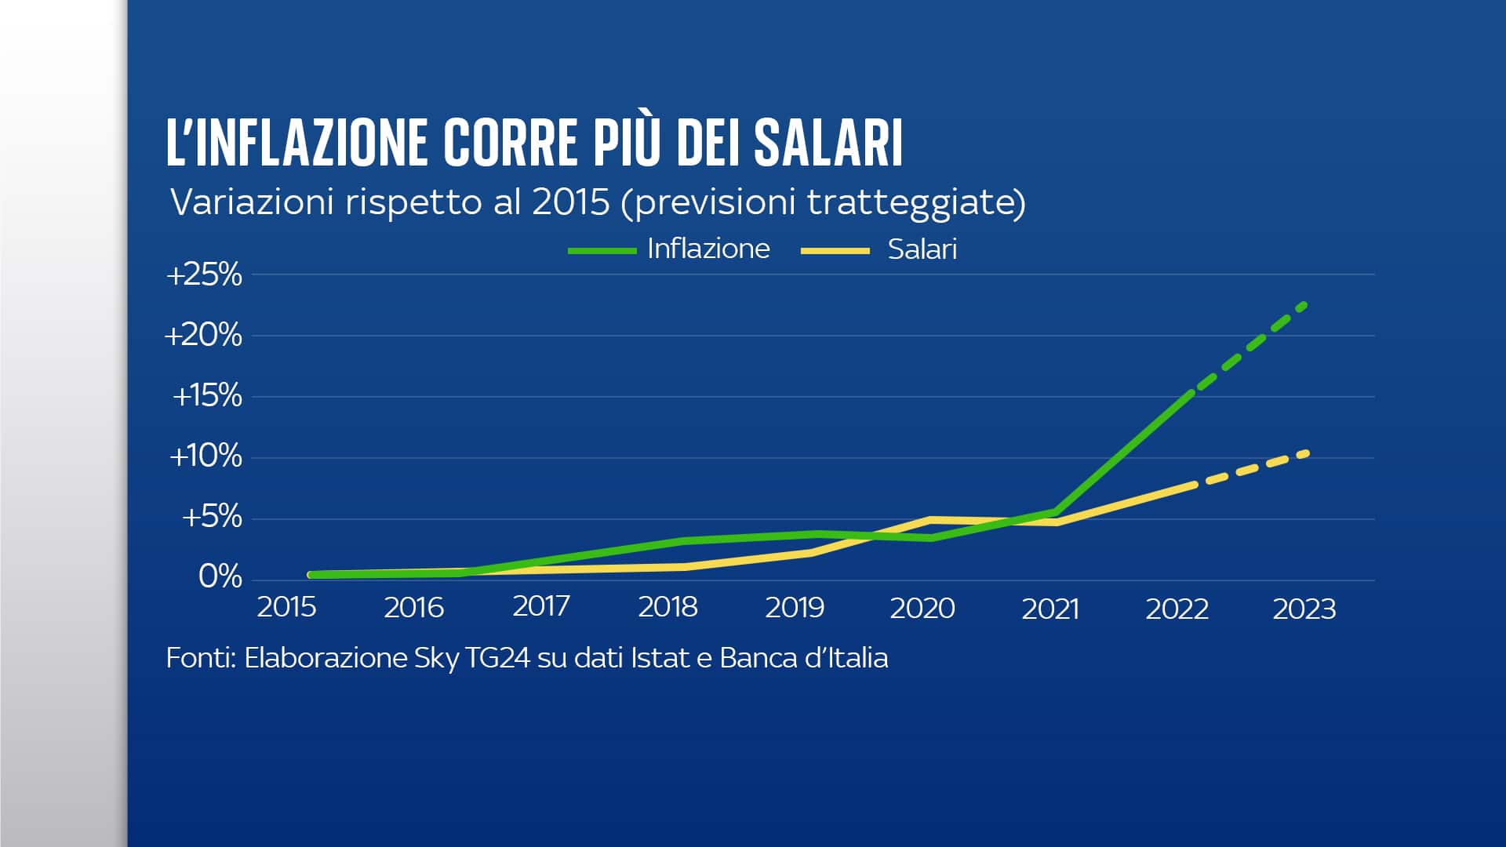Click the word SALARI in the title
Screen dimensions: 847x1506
click(828, 143)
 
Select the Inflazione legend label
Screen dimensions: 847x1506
click(708, 249)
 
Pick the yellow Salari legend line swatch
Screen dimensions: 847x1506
click(835, 251)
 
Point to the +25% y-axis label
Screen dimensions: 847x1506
click(204, 275)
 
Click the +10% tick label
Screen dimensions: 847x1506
click(206, 456)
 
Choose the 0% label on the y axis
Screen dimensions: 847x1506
click(220, 577)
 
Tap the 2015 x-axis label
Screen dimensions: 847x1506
click(286, 608)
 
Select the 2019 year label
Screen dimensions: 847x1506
click(795, 608)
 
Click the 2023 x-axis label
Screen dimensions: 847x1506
click(1304, 609)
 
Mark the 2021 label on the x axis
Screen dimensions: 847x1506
click(1050, 609)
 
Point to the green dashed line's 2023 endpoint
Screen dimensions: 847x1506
click(1304, 304)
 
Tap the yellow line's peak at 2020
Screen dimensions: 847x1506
click(930, 520)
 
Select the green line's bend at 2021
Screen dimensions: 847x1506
click(1057, 512)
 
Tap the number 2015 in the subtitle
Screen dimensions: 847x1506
click(571, 202)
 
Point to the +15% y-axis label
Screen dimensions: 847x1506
click(207, 396)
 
